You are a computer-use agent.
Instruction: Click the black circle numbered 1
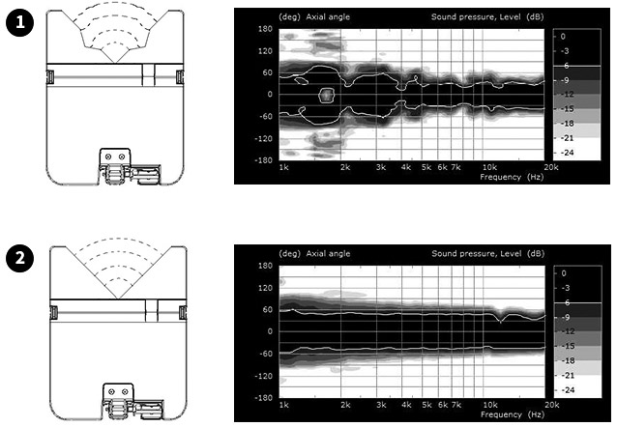[x=19, y=22]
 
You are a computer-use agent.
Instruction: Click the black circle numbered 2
[x=19, y=258]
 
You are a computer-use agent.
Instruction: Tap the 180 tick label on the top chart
[x=265, y=29]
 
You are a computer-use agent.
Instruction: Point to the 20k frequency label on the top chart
[x=551, y=167]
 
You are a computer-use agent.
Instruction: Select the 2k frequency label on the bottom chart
[x=345, y=405]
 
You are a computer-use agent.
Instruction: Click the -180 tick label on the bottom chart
[x=264, y=397]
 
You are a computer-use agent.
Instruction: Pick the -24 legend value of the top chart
[x=567, y=153]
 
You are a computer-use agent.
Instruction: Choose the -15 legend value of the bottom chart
[x=567, y=346]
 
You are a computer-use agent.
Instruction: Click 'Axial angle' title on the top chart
[x=328, y=17]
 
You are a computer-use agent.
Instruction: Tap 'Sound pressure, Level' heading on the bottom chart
[x=477, y=254]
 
